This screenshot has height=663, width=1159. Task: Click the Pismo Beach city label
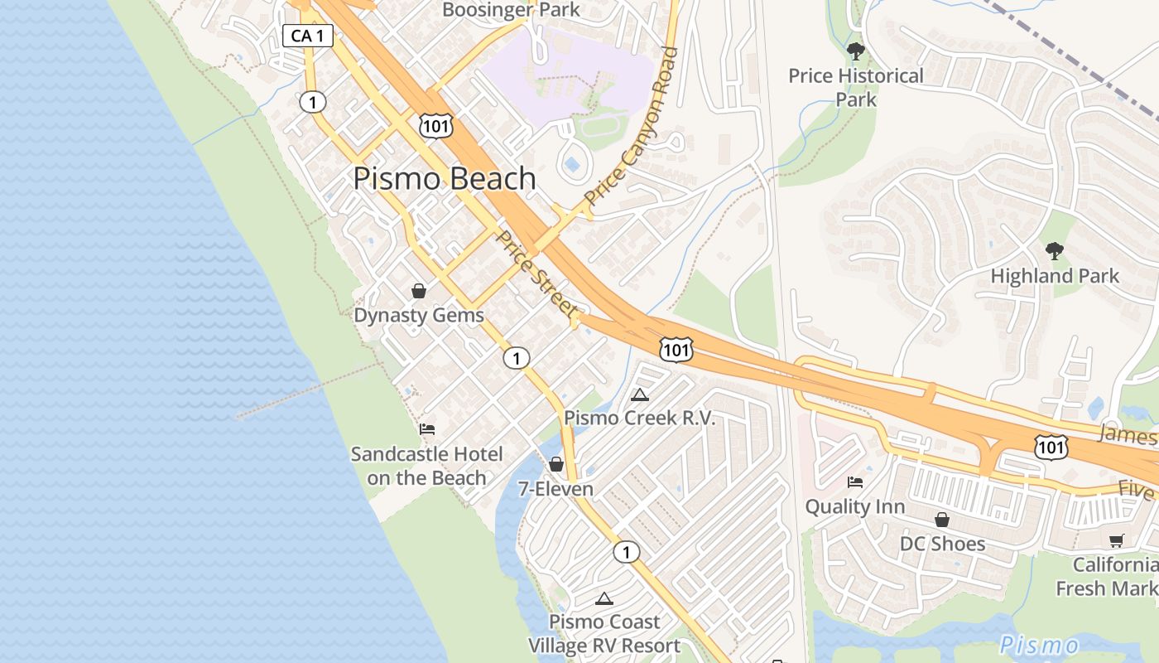(x=445, y=179)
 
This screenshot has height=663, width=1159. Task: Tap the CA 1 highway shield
(x=307, y=36)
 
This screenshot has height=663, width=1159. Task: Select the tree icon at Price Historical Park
(x=856, y=52)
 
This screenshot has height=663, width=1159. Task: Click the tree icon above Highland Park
(x=1054, y=250)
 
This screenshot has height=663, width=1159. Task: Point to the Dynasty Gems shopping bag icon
(x=419, y=291)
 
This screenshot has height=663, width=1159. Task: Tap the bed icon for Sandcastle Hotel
(x=427, y=429)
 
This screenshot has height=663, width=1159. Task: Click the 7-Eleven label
(x=555, y=489)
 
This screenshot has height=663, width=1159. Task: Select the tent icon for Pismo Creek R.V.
(x=639, y=395)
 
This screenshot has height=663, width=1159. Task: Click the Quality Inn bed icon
(x=855, y=482)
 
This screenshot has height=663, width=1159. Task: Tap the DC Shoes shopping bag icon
(x=942, y=520)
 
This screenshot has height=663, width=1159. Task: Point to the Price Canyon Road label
(x=632, y=126)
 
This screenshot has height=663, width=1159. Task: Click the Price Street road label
(x=537, y=273)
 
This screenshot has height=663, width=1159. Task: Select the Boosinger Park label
(x=511, y=10)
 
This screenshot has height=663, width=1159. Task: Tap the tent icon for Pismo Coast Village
(x=604, y=598)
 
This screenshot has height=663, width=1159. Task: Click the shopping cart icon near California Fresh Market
(x=1116, y=541)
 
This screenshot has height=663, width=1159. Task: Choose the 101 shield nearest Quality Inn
(x=1051, y=448)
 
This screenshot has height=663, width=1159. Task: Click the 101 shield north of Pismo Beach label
(x=435, y=125)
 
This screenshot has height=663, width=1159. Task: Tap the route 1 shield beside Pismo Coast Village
(x=627, y=552)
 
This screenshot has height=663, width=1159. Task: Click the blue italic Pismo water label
(x=1039, y=645)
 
